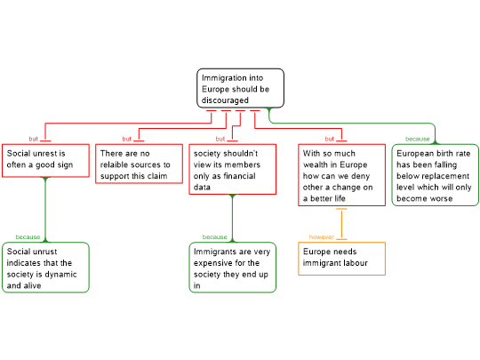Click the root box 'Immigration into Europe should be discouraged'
240,88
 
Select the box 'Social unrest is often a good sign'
45,160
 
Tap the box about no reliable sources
139,164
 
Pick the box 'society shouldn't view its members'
233,169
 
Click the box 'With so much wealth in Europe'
341,175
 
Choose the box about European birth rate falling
435,175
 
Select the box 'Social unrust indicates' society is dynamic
45,268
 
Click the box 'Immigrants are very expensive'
233,268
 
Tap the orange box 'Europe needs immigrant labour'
341,259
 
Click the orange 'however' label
321,237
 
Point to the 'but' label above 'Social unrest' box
34,139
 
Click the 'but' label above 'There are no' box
127,139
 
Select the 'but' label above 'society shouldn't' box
220,139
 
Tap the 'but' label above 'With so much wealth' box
330,139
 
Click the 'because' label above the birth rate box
418,139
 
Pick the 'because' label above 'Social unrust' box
28,237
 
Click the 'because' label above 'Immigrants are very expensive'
214,237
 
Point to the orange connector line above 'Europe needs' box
341,224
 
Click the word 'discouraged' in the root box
225,100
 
